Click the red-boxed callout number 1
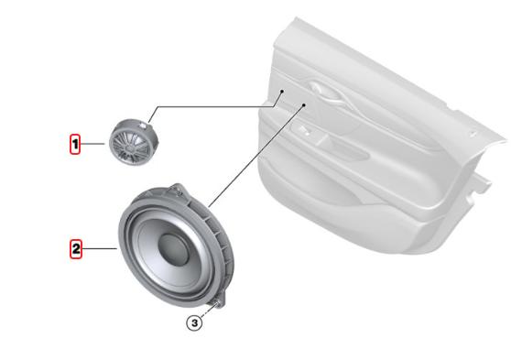tap(75, 144)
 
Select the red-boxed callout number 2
tap(76, 249)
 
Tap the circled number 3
tap(194, 323)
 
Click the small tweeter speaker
tap(134, 142)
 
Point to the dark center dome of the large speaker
tap(173, 249)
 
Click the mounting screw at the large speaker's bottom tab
tap(217, 304)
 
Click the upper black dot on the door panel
tap(282, 92)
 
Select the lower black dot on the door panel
tap(303, 104)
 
